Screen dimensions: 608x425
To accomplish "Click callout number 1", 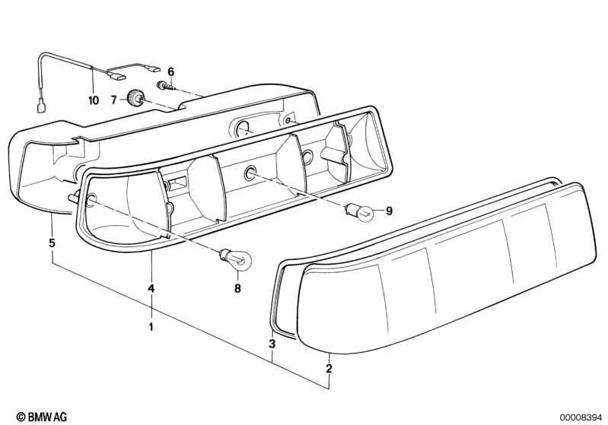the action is pyautogui.click(x=151, y=327).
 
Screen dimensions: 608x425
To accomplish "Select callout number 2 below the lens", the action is pyautogui.click(x=329, y=369).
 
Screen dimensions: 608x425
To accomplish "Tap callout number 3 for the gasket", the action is pyautogui.click(x=272, y=344).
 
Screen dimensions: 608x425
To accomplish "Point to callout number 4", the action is pyautogui.click(x=151, y=288).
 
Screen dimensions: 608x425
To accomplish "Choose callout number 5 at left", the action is pyautogui.click(x=52, y=243).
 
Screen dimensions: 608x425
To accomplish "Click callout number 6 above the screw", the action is pyautogui.click(x=171, y=71).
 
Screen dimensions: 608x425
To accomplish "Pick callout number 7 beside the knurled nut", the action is pyautogui.click(x=113, y=100).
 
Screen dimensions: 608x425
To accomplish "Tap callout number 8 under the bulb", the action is pyautogui.click(x=237, y=288).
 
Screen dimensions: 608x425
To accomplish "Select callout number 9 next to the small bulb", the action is pyautogui.click(x=389, y=211).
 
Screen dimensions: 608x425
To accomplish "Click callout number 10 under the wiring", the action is pyautogui.click(x=94, y=100).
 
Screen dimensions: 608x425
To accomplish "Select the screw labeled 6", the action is pyautogui.click(x=164, y=87).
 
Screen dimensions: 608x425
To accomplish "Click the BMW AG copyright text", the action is pyautogui.click(x=42, y=417).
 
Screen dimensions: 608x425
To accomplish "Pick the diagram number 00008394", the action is pyautogui.click(x=581, y=417).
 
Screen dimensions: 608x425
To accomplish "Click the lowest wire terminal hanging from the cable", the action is pyautogui.click(x=42, y=106).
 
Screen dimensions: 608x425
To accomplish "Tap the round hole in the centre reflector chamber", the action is pyautogui.click(x=250, y=174).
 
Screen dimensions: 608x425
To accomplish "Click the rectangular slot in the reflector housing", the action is pyautogui.click(x=178, y=182).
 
